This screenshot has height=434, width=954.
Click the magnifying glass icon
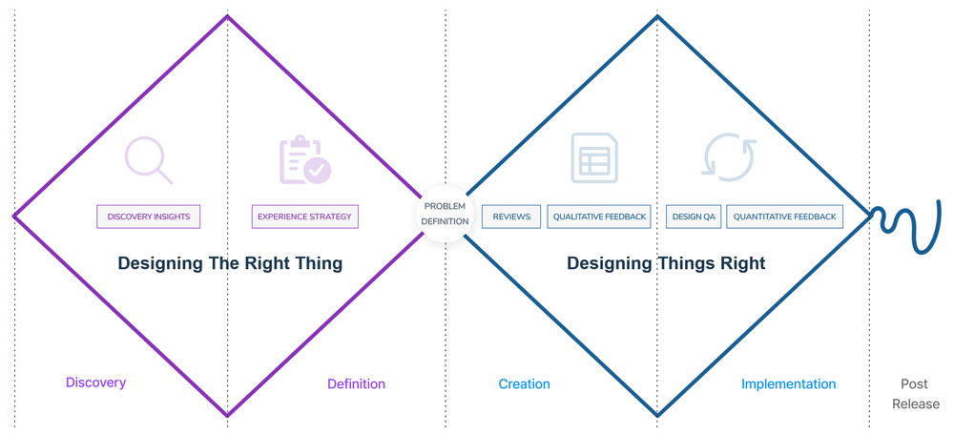[x=149, y=160]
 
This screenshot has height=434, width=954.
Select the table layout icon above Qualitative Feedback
[x=594, y=158]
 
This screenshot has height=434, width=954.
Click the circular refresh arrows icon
[x=730, y=158]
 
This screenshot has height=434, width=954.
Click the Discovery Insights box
[x=149, y=217]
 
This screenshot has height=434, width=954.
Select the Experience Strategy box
[x=304, y=217]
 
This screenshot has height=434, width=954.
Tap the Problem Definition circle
[x=446, y=215]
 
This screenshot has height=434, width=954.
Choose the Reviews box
[x=511, y=217]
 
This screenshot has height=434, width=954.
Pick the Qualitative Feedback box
[x=600, y=217]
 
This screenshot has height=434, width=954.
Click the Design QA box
[x=694, y=217]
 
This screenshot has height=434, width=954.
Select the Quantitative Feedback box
[x=785, y=217]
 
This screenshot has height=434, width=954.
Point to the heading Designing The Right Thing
[x=230, y=263]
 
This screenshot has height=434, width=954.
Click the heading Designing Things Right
[x=666, y=263]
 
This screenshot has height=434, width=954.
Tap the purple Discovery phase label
[x=95, y=382]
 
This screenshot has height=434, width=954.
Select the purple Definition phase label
[x=356, y=384]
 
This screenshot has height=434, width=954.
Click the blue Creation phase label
[x=524, y=384]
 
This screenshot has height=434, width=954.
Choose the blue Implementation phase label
[x=788, y=384]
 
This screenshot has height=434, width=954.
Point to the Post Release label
[x=915, y=394]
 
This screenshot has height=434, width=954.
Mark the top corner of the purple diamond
[x=227, y=16]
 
